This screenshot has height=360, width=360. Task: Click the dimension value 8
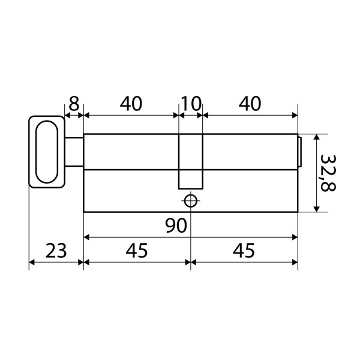[74, 104]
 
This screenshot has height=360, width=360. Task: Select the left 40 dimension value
[131, 104]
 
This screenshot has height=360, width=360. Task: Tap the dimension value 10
[191, 104]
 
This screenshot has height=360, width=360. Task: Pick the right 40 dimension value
[250, 104]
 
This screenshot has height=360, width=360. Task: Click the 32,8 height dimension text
[328, 173]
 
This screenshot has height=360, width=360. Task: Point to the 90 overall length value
[176, 226]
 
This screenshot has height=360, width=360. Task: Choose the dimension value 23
[56, 250]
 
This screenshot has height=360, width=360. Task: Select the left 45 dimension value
[137, 250]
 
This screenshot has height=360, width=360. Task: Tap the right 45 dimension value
[244, 250]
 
